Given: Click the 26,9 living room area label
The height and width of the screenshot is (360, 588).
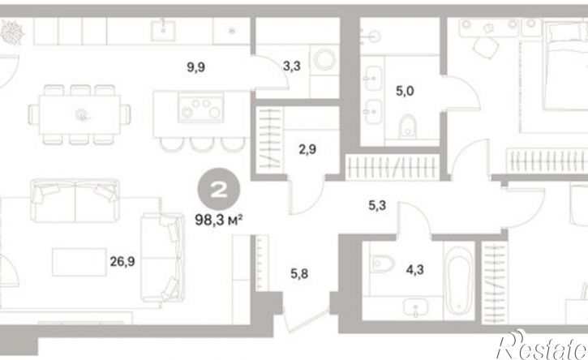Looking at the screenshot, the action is [x=122, y=261].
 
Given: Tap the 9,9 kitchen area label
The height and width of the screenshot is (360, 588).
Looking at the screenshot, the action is [x=195, y=67].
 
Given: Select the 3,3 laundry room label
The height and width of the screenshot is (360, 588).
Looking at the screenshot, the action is [x=291, y=66].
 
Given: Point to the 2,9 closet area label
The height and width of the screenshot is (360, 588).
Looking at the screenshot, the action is [x=307, y=149].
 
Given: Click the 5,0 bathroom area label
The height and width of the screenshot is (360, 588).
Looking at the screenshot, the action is [x=405, y=91].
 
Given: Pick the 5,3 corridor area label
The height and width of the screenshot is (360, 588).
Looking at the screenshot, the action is [x=377, y=205].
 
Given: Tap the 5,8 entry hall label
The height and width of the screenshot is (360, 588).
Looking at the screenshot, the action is [x=299, y=274].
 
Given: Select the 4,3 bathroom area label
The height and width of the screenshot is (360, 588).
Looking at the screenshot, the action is [x=414, y=269].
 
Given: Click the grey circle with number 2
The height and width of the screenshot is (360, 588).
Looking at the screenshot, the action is [x=219, y=189].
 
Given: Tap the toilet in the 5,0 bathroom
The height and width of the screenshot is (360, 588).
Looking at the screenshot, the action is [x=407, y=126].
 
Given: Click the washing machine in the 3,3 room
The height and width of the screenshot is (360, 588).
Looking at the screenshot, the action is [x=324, y=59].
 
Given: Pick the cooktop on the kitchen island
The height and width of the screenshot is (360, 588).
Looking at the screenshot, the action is [x=201, y=108].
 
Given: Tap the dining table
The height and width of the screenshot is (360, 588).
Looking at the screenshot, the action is [x=79, y=114].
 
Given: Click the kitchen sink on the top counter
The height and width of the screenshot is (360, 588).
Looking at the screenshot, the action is [x=163, y=31].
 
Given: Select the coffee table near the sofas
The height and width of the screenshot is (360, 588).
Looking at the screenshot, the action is [x=79, y=262].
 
